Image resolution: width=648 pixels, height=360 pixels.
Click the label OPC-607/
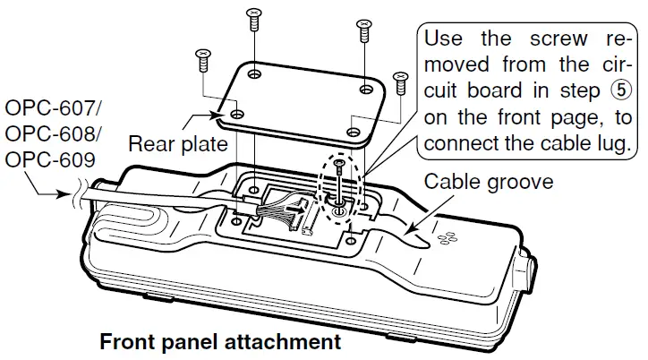(x=55, y=110)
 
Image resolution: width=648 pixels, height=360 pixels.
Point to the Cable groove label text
(x=489, y=182)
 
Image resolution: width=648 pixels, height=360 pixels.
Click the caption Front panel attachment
(x=220, y=342)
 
